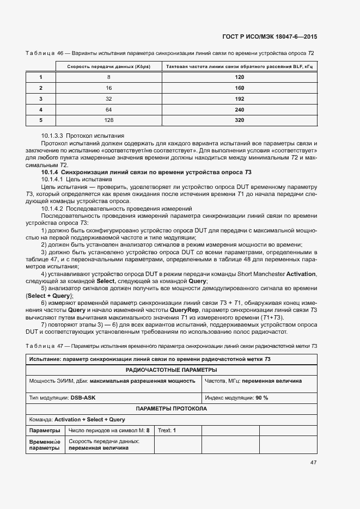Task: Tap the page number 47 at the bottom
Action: pyautogui.click(x=313, y=463)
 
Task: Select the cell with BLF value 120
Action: pyautogui.click(x=239, y=77)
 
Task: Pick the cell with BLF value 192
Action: pyautogui.click(x=239, y=99)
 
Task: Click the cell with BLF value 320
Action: pyautogui.click(x=239, y=120)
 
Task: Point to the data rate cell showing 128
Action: pyautogui.click(x=109, y=120)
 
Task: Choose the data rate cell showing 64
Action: pyautogui.click(x=109, y=109)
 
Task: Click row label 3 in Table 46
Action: pyautogui.click(x=41, y=99)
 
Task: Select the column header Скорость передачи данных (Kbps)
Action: pyautogui.click(x=109, y=66)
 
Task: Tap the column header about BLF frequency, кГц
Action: pyautogui.click(x=239, y=66)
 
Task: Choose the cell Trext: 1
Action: pyautogui.click(x=167, y=430)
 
